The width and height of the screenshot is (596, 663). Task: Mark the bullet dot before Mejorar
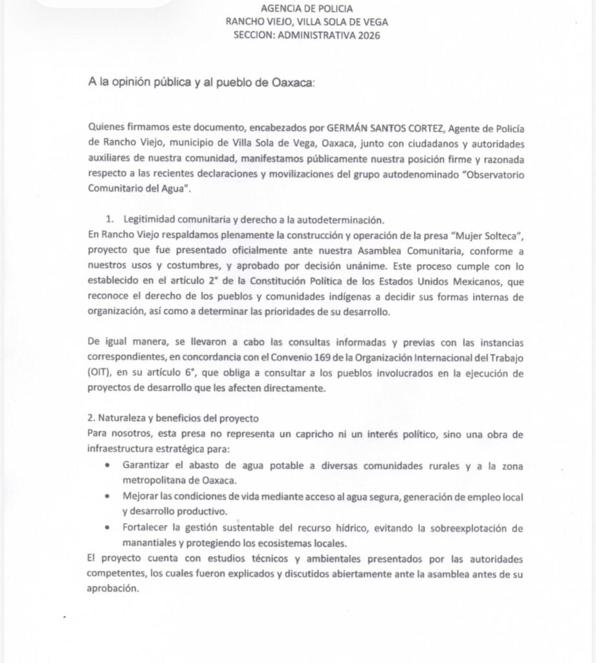pyautogui.click(x=107, y=496)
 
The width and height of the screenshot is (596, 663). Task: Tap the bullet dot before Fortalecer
pyautogui.click(x=107, y=528)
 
